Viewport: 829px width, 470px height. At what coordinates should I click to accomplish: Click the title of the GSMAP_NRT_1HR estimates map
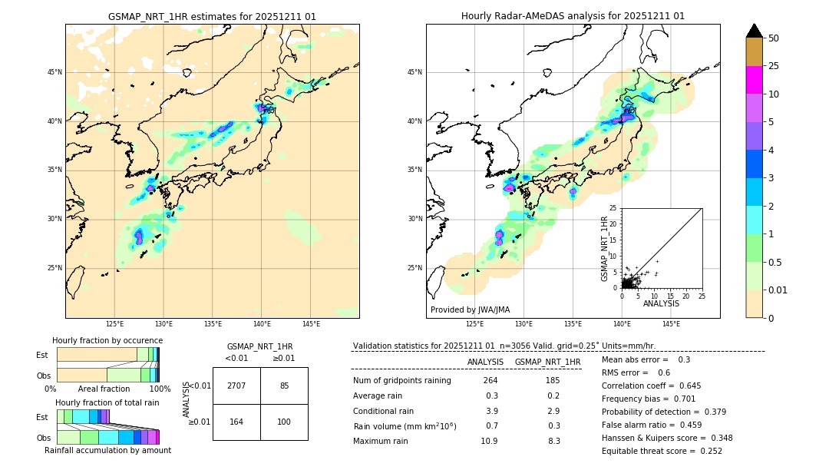click(212, 16)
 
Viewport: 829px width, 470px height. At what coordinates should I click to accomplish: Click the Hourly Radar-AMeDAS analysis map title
click(573, 16)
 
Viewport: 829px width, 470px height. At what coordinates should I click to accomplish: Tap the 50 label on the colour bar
click(774, 38)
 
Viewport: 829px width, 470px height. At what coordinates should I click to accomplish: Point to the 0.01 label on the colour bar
click(778, 290)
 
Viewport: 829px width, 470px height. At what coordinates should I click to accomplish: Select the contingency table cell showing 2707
click(236, 386)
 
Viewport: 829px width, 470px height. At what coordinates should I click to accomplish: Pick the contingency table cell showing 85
click(284, 386)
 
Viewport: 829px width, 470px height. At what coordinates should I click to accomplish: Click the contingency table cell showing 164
click(236, 422)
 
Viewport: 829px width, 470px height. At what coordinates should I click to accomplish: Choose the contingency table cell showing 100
click(284, 422)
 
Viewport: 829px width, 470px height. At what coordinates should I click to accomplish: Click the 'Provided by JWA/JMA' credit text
click(470, 310)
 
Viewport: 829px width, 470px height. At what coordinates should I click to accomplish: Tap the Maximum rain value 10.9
click(489, 441)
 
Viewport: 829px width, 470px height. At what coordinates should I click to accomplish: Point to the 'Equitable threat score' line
click(662, 451)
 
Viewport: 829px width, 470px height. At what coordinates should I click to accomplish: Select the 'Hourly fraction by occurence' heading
click(107, 340)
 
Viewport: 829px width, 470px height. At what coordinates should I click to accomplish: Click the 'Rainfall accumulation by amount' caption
click(107, 450)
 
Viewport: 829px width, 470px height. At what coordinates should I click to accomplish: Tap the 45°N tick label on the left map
click(54, 72)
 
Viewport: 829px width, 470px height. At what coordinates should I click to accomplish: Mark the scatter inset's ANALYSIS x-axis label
click(661, 303)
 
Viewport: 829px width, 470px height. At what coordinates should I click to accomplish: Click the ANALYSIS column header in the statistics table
click(485, 362)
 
